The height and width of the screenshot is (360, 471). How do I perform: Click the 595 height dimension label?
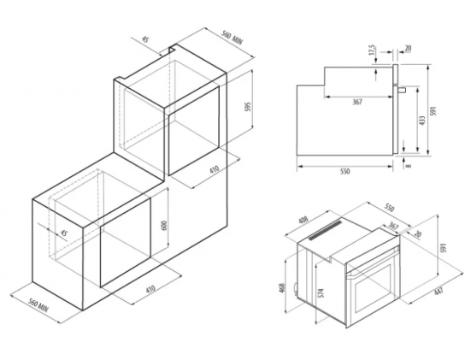248,107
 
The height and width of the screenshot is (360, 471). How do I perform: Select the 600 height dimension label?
164,226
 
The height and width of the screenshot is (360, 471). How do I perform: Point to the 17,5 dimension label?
372,50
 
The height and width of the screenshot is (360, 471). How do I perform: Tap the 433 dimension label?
422,121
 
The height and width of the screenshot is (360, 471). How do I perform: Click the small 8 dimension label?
408,166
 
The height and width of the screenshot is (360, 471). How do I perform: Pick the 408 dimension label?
303,221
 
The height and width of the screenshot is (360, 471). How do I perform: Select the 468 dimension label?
282,288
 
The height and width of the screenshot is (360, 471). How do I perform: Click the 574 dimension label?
321,293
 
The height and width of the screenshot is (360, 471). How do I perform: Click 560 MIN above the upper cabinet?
232,38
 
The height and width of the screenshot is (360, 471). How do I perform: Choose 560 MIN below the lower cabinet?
38,305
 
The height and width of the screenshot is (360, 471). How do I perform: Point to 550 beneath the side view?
345,172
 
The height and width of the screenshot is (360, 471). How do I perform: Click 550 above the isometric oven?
389,208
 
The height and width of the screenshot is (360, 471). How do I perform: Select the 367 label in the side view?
356,102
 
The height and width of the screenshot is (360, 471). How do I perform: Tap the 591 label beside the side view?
433,111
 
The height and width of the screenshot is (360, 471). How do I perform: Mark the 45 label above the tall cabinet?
145,39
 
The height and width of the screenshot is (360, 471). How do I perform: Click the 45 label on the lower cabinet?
63,233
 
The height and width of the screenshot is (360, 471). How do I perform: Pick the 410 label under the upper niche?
215,169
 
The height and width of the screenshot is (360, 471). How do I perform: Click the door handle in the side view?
401,89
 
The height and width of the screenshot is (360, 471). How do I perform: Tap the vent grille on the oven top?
326,230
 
